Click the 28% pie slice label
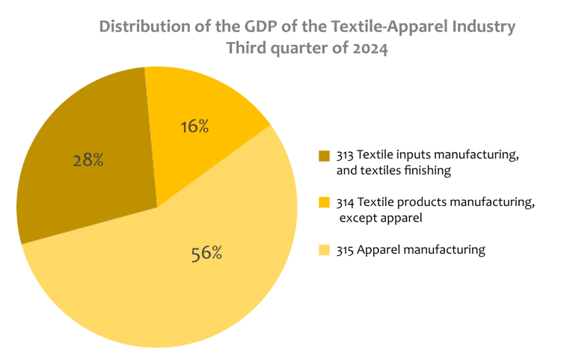click(88, 160)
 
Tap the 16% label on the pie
click(194, 126)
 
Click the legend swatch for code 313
click(323, 156)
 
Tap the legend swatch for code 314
click(323, 203)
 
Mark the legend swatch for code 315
click(323, 250)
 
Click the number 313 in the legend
click(345, 155)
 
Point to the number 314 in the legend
click(345, 202)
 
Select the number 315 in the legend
click(345, 250)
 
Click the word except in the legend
click(360, 219)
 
